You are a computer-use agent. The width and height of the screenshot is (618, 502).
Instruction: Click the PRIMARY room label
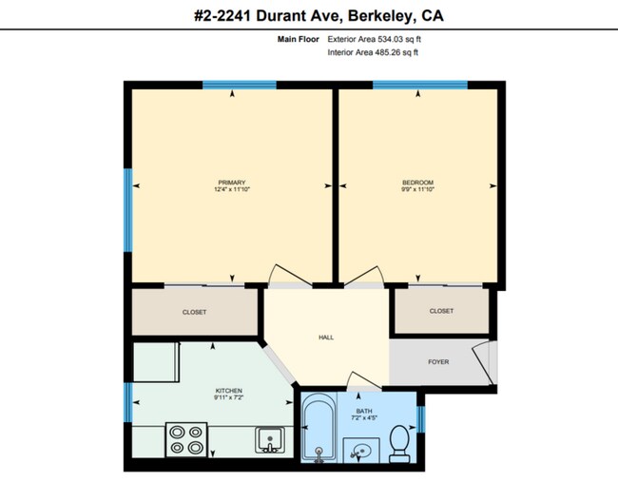[x=232, y=183]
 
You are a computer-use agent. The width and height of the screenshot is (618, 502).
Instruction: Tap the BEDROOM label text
[x=418, y=183]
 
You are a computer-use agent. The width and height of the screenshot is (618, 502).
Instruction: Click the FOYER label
[x=438, y=362]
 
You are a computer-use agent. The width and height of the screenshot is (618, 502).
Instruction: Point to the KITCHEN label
[x=229, y=391]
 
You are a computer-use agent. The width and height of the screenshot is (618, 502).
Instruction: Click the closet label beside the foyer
[x=441, y=311]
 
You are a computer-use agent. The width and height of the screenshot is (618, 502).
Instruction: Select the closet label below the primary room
[x=194, y=312]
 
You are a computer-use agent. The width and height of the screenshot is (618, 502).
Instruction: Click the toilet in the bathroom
[x=399, y=444]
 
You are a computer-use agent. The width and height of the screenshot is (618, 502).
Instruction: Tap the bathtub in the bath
[x=318, y=429]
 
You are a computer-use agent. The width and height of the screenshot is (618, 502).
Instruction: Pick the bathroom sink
[x=358, y=449]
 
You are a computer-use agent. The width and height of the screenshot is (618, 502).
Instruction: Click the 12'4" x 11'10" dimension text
[x=232, y=190]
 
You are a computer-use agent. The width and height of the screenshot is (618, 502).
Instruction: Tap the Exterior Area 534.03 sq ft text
[x=374, y=40]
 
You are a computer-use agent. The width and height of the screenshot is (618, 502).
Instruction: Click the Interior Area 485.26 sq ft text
[x=373, y=52]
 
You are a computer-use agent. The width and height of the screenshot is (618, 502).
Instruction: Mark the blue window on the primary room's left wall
[x=126, y=211]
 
